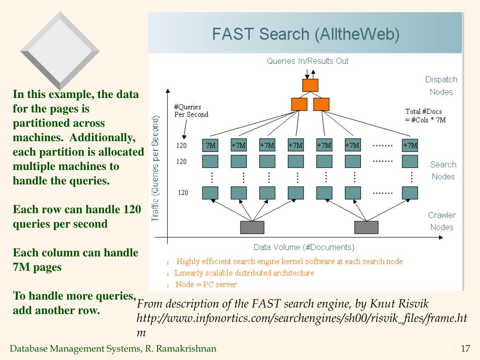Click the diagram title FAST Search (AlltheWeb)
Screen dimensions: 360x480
click(x=306, y=34)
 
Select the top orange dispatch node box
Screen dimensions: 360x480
click(x=310, y=85)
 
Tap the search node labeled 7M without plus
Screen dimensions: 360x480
click(x=210, y=145)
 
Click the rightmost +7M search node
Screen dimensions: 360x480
click(x=410, y=145)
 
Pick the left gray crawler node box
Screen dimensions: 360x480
click(x=252, y=227)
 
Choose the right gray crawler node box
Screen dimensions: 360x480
click(x=366, y=227)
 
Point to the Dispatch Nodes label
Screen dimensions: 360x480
click(x=441, y=86)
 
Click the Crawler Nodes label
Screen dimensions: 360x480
click(x=442, y=221)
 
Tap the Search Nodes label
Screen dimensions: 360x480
click(x=443, y=171)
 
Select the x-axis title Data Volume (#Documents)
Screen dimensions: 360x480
click(x=304, y=247)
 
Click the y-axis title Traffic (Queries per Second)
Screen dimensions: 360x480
click(x=155, y=169)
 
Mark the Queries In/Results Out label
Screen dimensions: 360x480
click(x=307, y=61)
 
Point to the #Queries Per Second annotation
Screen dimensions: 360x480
click(x=191, y=111)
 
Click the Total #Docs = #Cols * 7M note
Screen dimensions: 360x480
click(x=425, y=116)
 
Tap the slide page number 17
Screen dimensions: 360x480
click(x=465, y=348)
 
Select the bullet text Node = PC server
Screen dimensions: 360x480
click(x=206, y=285)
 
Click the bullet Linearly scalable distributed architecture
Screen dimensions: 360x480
click(x=244, y=273)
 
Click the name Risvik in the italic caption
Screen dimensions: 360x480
click(x=412, y=304)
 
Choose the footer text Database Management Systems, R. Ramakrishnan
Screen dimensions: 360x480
click(x=113, y=348)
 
